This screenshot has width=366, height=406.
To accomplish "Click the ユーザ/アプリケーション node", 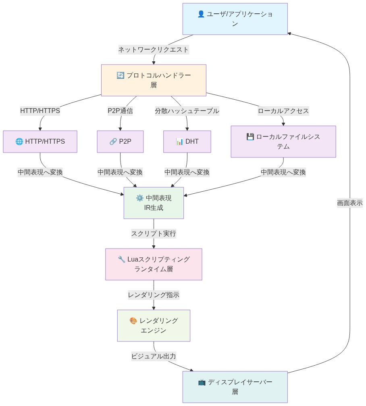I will tap(235, 19).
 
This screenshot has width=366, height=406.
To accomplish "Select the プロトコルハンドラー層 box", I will tap(154, 80).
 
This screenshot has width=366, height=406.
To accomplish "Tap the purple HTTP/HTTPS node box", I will tap(40, 142).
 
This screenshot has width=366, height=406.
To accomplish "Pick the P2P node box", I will tap(120, 142).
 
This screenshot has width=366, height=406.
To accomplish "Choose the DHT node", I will tap(187, 142).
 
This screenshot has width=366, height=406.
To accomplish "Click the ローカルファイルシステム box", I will tap(283, 142).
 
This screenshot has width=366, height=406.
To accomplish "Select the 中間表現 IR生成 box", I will tap(154, 203).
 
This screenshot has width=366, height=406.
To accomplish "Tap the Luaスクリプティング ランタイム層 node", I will tap(154, 264).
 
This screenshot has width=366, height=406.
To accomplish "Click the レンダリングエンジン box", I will tap(154, 326).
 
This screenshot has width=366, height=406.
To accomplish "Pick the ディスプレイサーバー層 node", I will tap(235, 387).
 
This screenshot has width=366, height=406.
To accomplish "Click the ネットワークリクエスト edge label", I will tap(154, 50).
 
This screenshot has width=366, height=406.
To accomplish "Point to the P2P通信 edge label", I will tap(120, 111).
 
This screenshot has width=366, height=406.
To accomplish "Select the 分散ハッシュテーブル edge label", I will tap(187, 111).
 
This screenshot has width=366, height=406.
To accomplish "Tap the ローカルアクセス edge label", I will tap(283, 111).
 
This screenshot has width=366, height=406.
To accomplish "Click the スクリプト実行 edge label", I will tap(154, 234).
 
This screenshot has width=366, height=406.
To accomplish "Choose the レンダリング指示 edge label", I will tap(154, 295).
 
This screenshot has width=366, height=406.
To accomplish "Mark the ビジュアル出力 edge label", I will tap(154, 356).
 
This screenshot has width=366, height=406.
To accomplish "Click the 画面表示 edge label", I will tap(349, 203).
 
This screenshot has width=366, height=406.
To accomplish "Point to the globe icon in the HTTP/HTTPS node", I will tap(19, 142).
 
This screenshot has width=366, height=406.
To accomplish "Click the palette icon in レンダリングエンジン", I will tap(133, 321).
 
